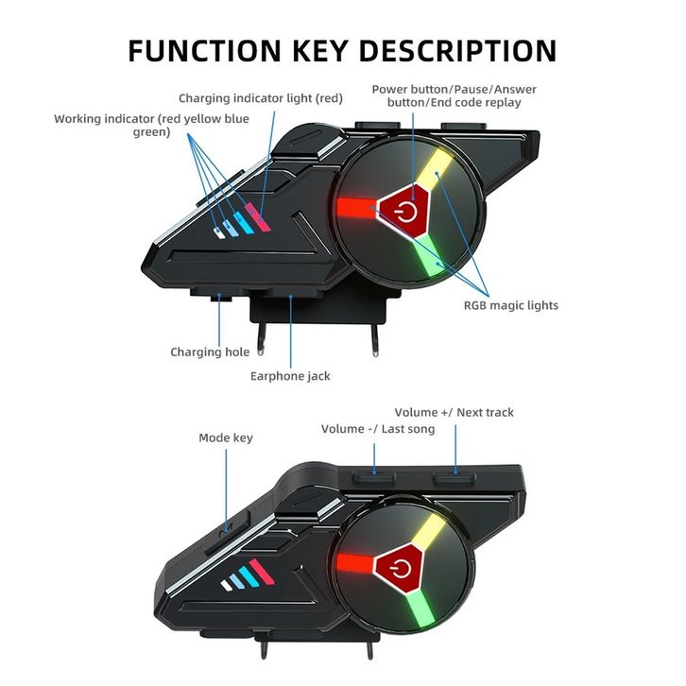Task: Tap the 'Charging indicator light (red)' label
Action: (261, 98)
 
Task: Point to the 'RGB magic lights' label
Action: (510, 305)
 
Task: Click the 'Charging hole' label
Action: (210, 352)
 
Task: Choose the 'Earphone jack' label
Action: (290, 376)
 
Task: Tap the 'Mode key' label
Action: (226, 438)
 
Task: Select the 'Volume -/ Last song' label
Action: (378, 429)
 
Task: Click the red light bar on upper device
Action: (353, 205)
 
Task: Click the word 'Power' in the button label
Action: (389, 90)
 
